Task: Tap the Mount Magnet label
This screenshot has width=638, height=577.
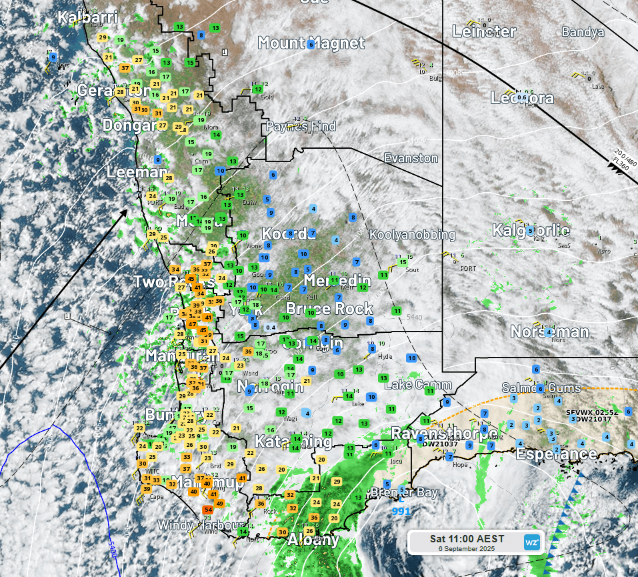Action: click(x=311, y=43)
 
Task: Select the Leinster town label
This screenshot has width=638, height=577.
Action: click(x=485, y=31)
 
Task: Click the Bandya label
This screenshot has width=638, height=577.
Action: click(x=583, y=32)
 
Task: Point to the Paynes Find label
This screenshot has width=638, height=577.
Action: click(x=296, y=126)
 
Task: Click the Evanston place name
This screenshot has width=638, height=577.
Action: click(x=411, y=158)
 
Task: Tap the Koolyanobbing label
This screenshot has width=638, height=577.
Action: click(x=412, y=235)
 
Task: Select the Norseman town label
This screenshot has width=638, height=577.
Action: click(x=549, y=332)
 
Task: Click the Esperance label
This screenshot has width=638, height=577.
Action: click(x=556, y=454)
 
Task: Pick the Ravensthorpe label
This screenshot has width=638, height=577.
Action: click(x=443, y=433)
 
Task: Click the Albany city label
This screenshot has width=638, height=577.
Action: click(x=313, y=540)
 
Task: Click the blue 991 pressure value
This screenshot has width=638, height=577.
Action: click(x=401, y=512)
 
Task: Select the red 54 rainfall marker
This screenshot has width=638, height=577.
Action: click(x=208, y=510)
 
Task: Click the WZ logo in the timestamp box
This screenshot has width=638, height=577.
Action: click(x=531, y=542)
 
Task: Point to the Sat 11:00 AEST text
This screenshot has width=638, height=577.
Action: click(x=467, y=538)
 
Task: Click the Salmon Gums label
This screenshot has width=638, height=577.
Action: click(x=541, y=388)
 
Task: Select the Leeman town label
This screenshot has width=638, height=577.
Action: click(x=136, y=172)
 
